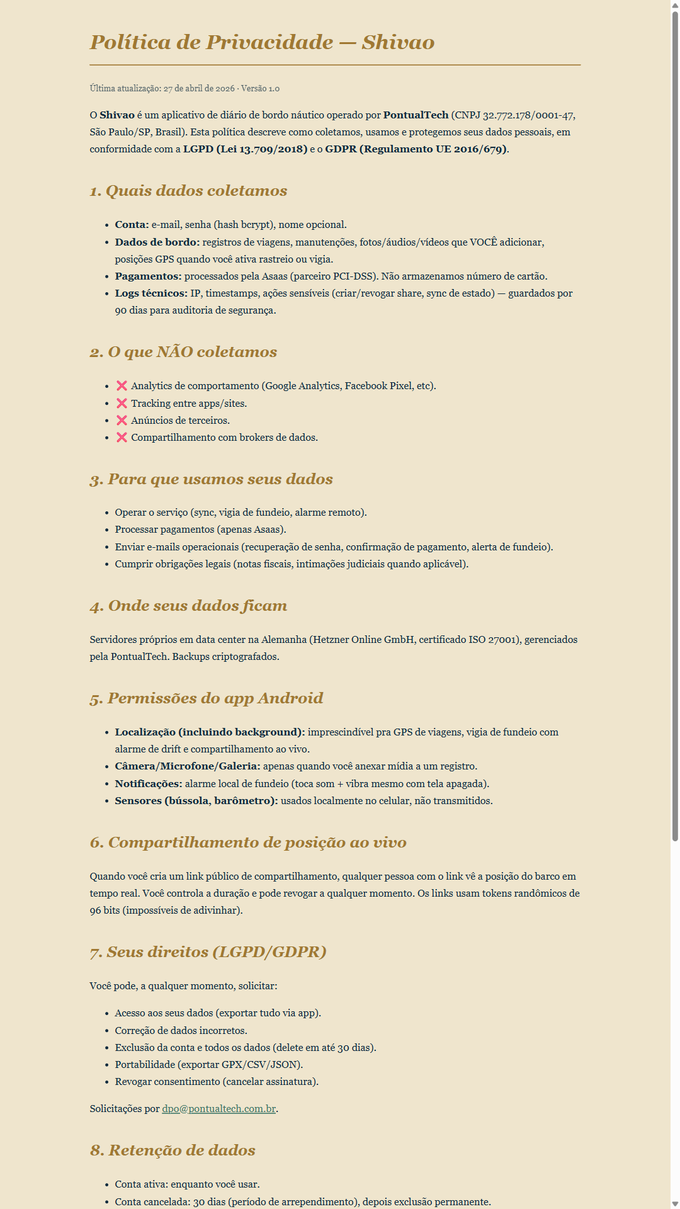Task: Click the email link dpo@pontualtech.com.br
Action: tap(218, 1109)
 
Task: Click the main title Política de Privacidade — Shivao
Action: tap(262, 42)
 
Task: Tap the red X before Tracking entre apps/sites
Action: tap(122, 403)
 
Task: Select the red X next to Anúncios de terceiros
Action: tap(122, 420)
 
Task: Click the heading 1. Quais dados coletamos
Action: tap(188, 191)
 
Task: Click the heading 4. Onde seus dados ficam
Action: tap(188, 606)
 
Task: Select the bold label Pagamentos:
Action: tap(148, 276)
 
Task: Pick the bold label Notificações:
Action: tap(149, 784)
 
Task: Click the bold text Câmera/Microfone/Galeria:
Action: tap(187, 766)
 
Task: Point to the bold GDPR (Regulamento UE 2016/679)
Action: tap(416, 149)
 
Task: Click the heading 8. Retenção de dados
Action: tap(173, 1150)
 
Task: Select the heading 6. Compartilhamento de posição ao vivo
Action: tap(248, 843)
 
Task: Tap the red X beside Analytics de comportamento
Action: tap(122, 386)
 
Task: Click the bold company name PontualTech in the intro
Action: tap(416, 115)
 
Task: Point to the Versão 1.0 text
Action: tap(260, 89)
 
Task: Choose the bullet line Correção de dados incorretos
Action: tap(181, 1031)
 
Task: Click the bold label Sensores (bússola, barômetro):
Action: tap(196, 801)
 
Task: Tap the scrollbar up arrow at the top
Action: tap(675, 5)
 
